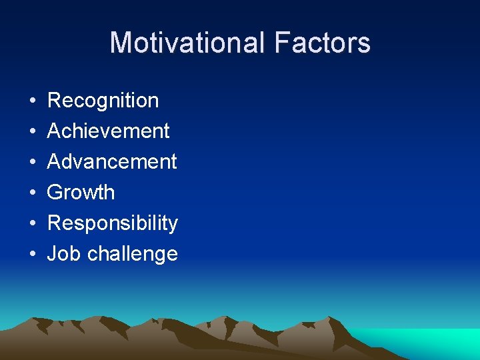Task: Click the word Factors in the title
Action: [x=322, y=43]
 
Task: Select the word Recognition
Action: [x=103, y=101]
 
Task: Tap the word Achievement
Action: [x=109, y=131]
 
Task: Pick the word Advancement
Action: [x=112, y=162]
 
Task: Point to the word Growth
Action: [x=81, y=193]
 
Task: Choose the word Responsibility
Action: [x=113, y=223]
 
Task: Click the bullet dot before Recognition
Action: [x=32, y=101]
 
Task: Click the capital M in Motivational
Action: [x=121, y=43]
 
